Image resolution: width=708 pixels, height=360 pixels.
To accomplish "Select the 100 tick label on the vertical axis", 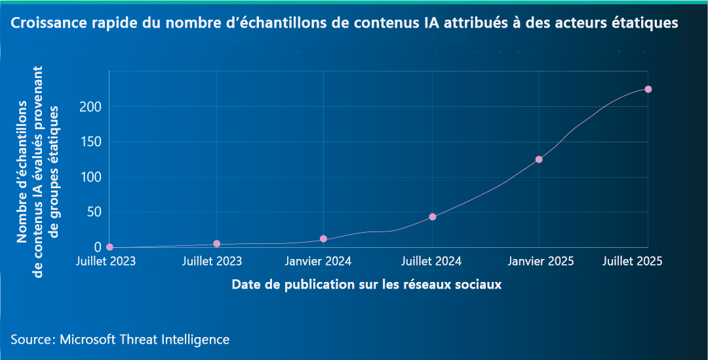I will (x=90, y=177).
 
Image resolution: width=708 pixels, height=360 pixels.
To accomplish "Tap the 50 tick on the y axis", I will (x=94, y=212).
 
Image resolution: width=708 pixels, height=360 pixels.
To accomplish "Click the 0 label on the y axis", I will (x=97, y=247).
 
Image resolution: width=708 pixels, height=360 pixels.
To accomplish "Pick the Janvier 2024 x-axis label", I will (x=319, y=261).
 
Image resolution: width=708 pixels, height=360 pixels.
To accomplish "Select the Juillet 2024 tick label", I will (x=432, y=261).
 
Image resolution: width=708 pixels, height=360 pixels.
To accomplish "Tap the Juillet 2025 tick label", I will (x=633, y=261).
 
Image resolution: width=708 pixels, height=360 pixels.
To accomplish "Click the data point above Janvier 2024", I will (x=323, y=239).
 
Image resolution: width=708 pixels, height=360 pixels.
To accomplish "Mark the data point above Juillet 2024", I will (x=433, y=216).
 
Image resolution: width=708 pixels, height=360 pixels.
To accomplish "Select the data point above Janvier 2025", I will (x=539, y=159).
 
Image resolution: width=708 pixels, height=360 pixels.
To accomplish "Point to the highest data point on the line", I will (x=648, y=89).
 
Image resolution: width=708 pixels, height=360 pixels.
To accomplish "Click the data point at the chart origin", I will (x=109, y=247).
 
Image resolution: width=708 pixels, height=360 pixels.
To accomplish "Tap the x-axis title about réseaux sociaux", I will (x=366, y=285).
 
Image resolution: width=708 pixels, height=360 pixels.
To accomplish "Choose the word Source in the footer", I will (x=31, y=340).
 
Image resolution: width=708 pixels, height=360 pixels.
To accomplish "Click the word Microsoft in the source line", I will (x=87, y=340).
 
